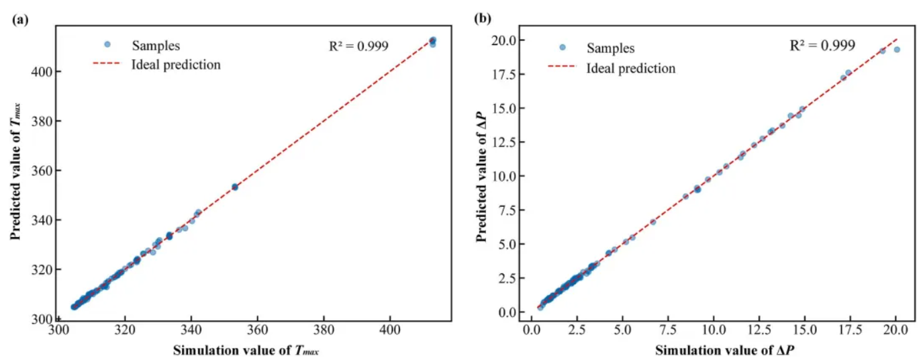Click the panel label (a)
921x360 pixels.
pyautogui.click(x=19, y=19)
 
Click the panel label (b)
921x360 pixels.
pyautogui.click(x=482, y=19)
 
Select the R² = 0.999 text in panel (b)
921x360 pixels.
pyautogui.click(x=822, y=46)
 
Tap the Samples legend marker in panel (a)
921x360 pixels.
pyautogui.click(x=107, y=45)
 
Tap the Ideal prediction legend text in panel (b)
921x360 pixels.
pyautogui.click(x=631, y=69)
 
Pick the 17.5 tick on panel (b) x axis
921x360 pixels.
pyautogui.click(x=847, y=331)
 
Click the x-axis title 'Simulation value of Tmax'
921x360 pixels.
pyautogui.click(x=246, y=349)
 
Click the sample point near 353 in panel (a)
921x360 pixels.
pyautogui.click(x=235, y=187)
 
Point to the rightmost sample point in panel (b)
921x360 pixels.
pyautogui.click(x=896, y=49)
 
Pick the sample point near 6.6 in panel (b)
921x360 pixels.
pyautogui.click(x=652, y=222)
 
